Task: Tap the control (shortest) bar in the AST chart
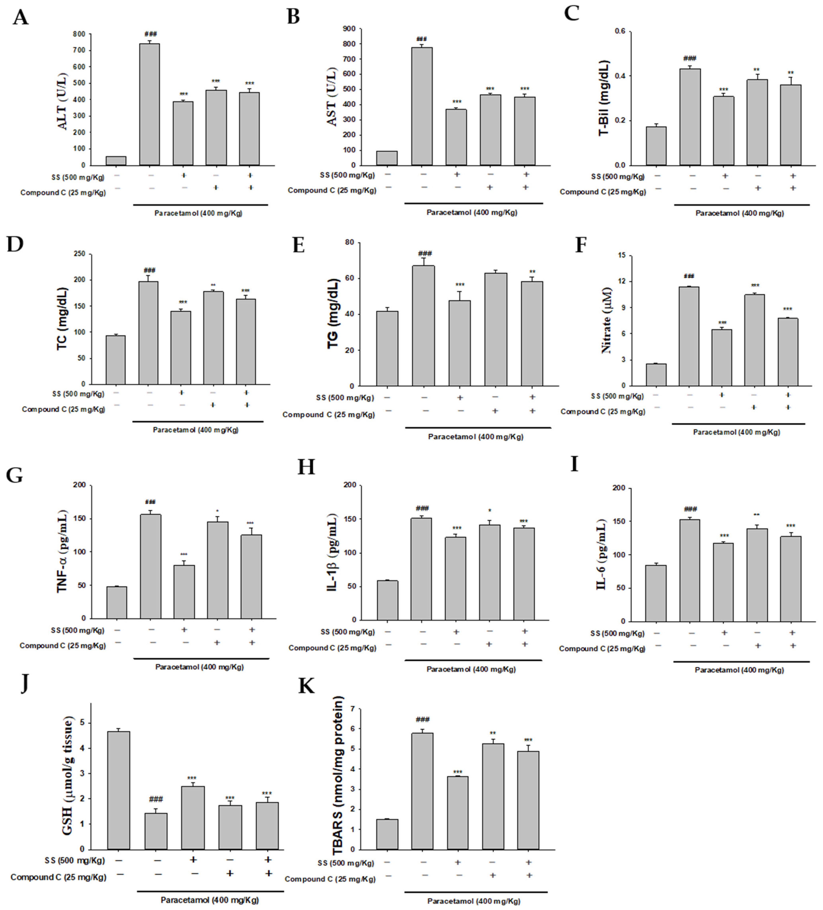(x=387, y=158)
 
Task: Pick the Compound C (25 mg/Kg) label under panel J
(x=59, y=877)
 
